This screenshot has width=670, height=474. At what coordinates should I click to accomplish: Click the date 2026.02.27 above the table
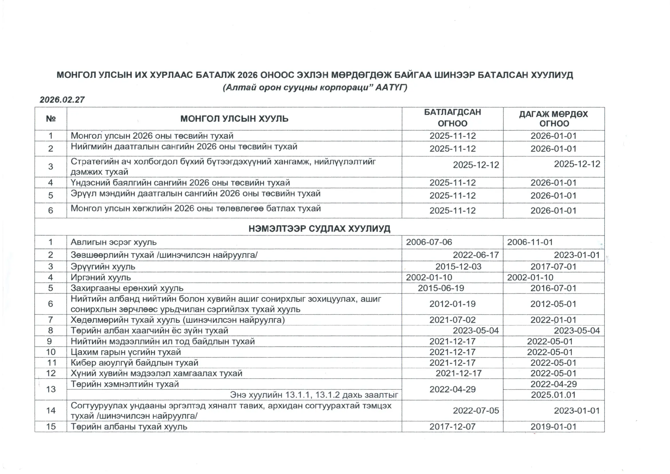[62, 100]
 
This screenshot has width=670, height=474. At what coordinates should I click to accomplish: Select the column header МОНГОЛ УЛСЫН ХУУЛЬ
[234, 119]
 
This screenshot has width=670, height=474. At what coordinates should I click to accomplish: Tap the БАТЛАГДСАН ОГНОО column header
[452, 118]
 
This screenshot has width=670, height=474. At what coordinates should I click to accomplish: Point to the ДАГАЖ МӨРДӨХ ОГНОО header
[554, 119]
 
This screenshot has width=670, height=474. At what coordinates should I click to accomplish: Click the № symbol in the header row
[51, 119]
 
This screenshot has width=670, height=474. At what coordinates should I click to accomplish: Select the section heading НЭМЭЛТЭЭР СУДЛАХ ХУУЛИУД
[319, 228]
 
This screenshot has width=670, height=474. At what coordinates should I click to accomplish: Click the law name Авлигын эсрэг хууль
[113, 242]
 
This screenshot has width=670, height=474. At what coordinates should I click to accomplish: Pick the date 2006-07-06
[429, 242]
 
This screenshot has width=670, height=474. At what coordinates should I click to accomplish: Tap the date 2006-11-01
[530, 242]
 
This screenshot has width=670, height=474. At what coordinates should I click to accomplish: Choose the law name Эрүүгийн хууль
[103, 267]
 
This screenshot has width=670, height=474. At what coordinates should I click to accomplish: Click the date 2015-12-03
[458, 267]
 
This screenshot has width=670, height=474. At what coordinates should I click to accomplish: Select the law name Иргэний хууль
[101, 278]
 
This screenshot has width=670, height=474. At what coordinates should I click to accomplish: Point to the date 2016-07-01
[553, 288]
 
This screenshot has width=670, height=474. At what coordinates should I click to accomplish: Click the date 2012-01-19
[452, 304]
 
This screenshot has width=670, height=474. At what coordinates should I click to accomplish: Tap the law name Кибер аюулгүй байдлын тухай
[134, 363]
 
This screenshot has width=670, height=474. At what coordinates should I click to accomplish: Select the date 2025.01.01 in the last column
[553, 395]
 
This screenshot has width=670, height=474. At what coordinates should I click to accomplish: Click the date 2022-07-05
[476, 411]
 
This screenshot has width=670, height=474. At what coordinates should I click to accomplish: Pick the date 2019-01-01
[553, 427]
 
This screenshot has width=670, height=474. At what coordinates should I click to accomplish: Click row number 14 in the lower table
[51, 411]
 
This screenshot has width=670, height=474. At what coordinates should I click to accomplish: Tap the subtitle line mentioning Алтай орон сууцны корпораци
[315, 88]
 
